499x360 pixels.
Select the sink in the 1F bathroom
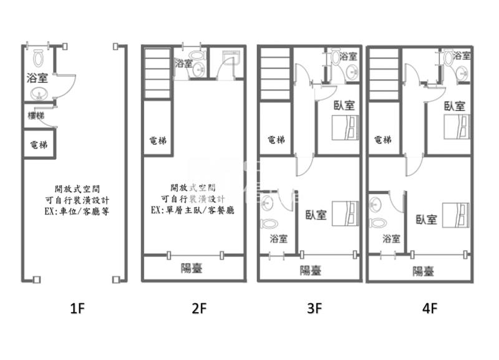(39, 95)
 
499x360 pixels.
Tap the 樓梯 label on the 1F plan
(36, 115)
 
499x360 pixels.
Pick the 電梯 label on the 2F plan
(158, 140)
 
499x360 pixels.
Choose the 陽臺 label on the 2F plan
(191, 268)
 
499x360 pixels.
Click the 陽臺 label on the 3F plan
(310, 270)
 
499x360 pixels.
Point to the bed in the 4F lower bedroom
(455, 214)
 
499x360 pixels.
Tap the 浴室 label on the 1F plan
(37, 78)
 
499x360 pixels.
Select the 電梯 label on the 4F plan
(380, 140)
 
